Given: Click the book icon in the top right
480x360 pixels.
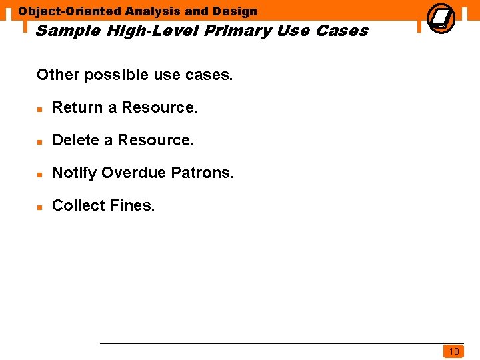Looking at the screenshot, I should tap(440, 18).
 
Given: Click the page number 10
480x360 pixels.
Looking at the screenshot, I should tap(454, 351).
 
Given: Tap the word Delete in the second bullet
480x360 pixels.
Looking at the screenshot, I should tap(76, 140).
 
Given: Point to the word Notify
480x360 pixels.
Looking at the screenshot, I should tap(75, 173).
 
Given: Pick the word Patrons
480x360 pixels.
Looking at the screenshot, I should tap(203, 173).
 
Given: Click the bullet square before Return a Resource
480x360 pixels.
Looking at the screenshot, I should tap(40, 109).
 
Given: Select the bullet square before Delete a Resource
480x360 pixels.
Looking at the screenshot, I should tap(40, 141).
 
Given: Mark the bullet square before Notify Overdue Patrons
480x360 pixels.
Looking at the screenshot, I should tap(40, 174).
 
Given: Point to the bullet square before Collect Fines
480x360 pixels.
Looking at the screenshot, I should tap(40, 207).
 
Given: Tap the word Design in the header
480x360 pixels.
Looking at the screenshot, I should tap(235, 11).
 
